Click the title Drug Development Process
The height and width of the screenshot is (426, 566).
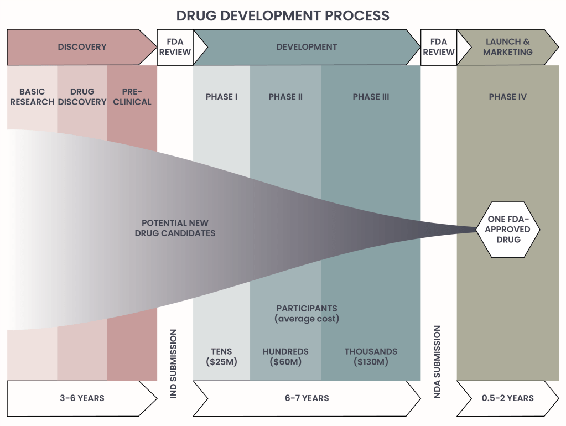point(283,15)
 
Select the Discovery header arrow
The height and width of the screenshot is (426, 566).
point(82,47)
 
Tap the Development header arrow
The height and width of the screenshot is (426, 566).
point(307,47)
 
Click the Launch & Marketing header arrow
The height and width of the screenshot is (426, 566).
point(507,47)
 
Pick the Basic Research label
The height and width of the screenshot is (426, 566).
point(32,97)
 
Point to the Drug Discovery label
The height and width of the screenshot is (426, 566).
point(82,97)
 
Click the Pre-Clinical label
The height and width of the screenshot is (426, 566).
point(132,97)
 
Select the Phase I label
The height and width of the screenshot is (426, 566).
point(221,97)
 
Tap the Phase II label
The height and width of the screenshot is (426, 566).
point(285,97)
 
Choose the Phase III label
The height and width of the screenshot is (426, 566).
point(371,97)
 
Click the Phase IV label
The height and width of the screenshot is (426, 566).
point(507,97)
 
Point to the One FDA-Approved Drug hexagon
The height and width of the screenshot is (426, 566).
point(508,229)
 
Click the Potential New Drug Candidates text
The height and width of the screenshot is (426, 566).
point(175,228)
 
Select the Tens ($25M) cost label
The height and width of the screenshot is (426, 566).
point(221,357)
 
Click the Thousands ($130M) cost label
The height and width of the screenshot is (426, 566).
point(371,357)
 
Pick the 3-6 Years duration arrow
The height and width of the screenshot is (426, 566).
point(81,398)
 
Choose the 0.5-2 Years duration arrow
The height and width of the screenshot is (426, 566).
point(507,398)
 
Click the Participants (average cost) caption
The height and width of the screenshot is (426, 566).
point(307,313)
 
